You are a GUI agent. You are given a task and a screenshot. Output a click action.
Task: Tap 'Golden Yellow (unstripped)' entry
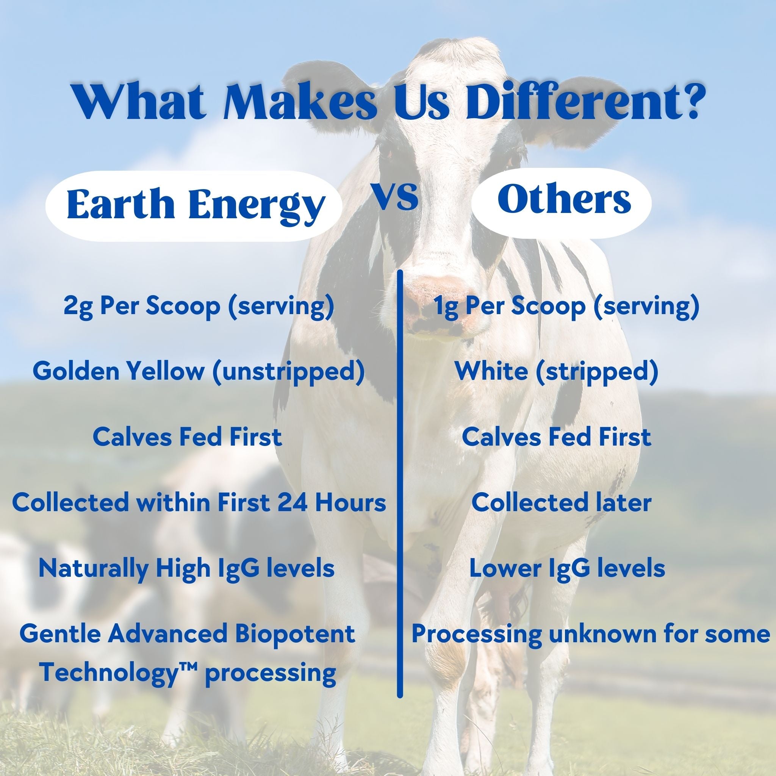(x=199, y=372)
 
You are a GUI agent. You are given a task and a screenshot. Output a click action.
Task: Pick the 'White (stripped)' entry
(x=557, y=372)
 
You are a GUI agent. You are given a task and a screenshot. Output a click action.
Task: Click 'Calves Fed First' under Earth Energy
(x=187, y=437)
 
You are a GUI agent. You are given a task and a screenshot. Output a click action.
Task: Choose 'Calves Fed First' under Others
(x=556, y=437)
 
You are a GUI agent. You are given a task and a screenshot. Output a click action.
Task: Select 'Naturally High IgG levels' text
(x=186, y=569)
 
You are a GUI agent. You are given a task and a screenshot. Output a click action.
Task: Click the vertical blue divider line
(x=400, y=483)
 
